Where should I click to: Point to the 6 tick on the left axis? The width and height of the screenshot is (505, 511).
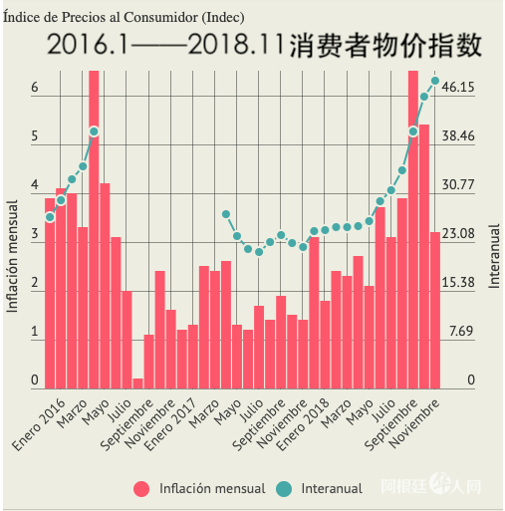(34, 88)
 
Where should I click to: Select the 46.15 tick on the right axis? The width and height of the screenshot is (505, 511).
(457, 88)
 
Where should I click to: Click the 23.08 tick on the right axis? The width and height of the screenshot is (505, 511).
(457, 233)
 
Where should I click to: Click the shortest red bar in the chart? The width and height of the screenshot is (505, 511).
(137, 383)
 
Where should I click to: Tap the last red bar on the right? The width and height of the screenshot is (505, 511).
(435, 310)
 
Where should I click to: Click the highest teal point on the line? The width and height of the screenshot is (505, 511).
(435, 81)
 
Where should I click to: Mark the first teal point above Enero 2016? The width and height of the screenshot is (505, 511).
(50, 217)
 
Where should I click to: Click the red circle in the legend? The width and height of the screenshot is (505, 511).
(142, 488)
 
